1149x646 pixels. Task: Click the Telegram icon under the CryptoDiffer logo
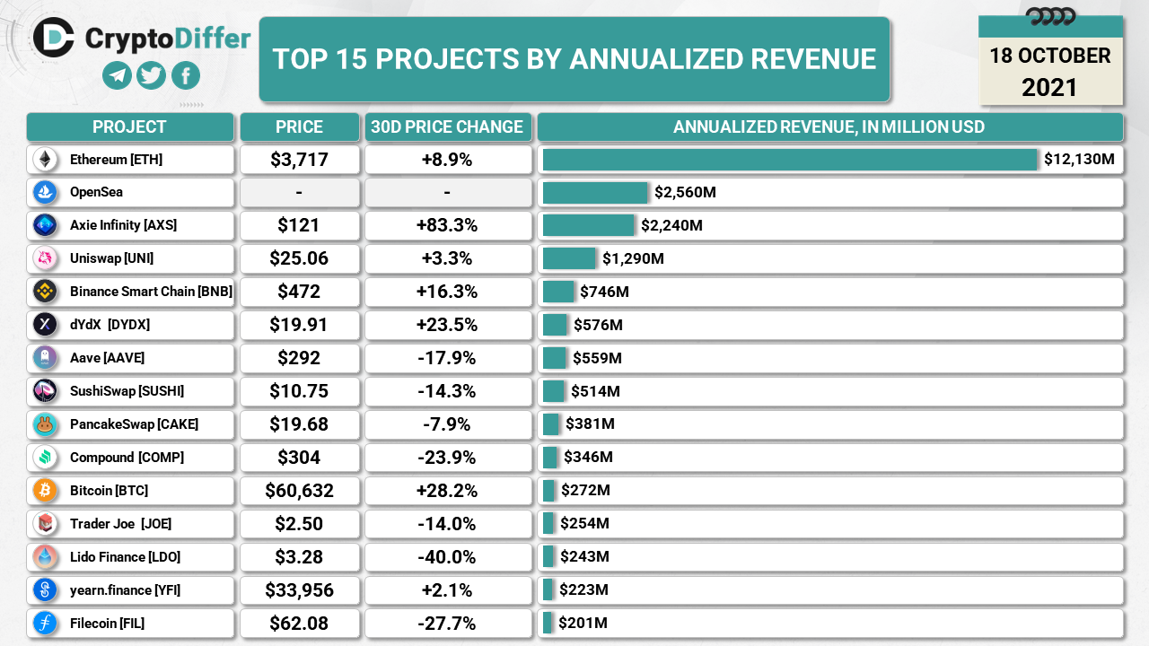(x=117, y=75)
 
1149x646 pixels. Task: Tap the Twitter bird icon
(x=151, y=75)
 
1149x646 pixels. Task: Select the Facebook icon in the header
(x=185, y=75)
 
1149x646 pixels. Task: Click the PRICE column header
(x=299, y=127)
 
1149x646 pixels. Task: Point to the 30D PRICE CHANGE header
(x=447, y=127)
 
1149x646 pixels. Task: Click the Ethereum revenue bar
(x=790, y=160)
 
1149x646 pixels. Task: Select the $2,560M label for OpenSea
(x=685, y=192)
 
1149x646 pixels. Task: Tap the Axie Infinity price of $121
(x=299, y=225)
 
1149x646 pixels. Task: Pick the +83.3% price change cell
(x=447, y=225)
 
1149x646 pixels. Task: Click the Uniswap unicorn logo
(x=45, y=258)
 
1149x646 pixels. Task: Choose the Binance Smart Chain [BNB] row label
(x=151, y=292)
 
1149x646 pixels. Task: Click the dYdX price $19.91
(x=299, y=325)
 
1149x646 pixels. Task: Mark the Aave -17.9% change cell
(x=447, y=358)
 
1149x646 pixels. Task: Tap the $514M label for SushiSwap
(x=595, y=391)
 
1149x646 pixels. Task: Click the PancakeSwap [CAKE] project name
(x=134, y=424)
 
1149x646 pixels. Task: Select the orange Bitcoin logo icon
(x=45, y=491)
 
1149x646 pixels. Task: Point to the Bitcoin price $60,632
(x=299, y=491)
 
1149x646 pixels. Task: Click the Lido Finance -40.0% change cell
(x=447, y=557)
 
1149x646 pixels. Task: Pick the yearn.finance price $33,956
(x=299, y=590)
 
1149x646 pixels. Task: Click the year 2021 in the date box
(x=1049, y=87)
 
